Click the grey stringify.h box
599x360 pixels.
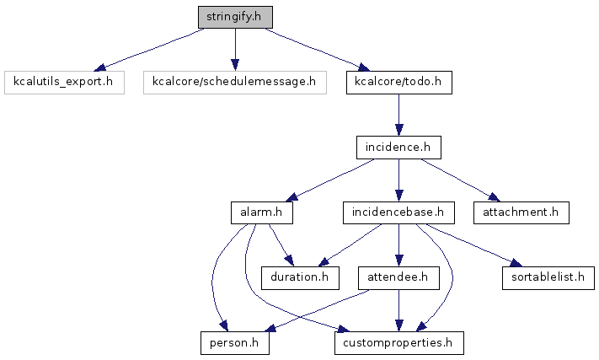pos(235,17)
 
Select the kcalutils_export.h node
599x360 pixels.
pos(64,82)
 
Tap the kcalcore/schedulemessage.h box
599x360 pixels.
pos(235,82)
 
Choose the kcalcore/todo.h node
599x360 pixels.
pos(399,82)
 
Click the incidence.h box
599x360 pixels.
pos(398,148)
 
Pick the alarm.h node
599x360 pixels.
pos(262,212)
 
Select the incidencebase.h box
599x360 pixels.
pos(398,212)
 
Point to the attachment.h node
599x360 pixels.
pos(521,212)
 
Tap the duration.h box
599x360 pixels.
pos(300,278)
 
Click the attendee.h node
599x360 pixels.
pos(398,278)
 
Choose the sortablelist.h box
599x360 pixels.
pos(548,278)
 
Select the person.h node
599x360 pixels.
pos(235,343)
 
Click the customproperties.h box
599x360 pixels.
pos(399,343)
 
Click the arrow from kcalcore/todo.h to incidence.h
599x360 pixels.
pos(398,115)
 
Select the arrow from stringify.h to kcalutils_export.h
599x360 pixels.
pos(149,50)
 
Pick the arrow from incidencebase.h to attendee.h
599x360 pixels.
pos(398,245)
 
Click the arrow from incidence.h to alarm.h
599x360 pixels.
pos(330,180)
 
